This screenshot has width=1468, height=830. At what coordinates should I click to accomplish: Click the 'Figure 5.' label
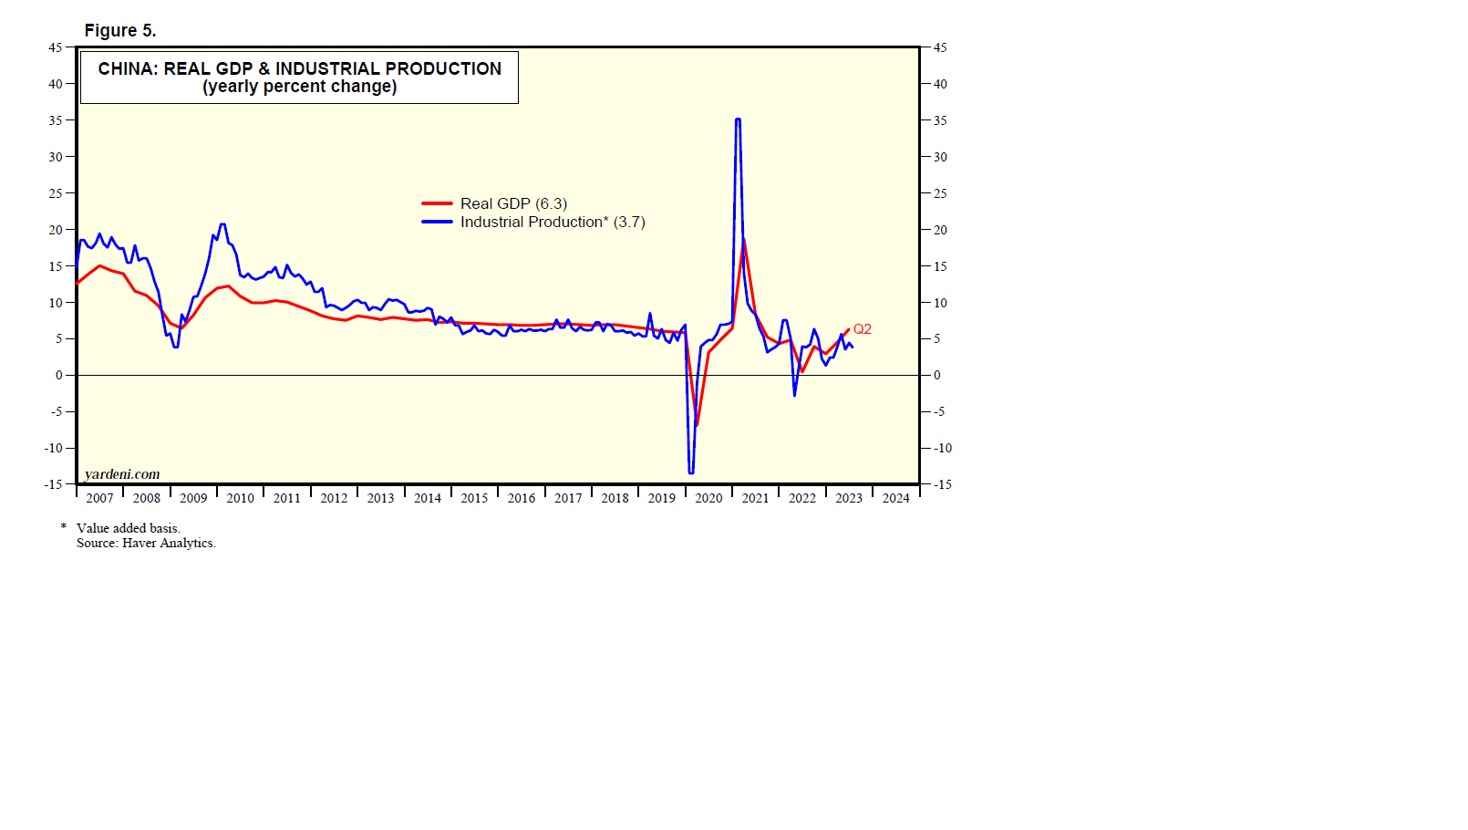pos(120,31)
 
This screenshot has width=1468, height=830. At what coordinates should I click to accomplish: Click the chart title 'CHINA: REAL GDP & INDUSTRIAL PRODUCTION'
pos(299,68)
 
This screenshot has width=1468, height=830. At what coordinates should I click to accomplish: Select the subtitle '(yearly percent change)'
pos(299,87)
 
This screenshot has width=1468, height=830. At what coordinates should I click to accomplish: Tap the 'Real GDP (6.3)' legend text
pos(513,203)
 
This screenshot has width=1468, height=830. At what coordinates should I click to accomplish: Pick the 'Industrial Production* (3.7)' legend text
pos(553,222)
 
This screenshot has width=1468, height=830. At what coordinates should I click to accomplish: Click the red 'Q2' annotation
pos(862,329)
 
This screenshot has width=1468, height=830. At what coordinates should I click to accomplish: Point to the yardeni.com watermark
pos(122,474)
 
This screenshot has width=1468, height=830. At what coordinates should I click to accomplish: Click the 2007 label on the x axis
pos(99,498)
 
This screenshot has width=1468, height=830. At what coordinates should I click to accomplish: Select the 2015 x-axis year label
pos(474,498)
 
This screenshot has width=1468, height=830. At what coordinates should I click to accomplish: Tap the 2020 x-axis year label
pos(708,498)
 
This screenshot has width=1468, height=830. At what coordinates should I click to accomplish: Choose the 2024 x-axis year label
pos(895,498)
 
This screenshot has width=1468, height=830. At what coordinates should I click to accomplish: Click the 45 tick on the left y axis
pos(56,47)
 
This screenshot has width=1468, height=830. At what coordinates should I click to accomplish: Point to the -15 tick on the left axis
pos(53,484)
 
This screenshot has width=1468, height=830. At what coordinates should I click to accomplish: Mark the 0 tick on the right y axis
pos(936,375)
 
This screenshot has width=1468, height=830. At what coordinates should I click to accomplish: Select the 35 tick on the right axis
pos(939,120)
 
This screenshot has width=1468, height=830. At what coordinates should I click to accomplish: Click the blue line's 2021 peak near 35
pos(738,119)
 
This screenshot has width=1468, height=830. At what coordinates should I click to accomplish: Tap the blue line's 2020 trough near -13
pos(691,472)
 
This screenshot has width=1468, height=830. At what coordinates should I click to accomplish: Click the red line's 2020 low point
pos(697,425)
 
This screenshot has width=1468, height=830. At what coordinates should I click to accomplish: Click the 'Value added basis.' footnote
pos(129,528)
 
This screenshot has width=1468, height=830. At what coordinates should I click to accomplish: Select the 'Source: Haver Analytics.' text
pos(146,543)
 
